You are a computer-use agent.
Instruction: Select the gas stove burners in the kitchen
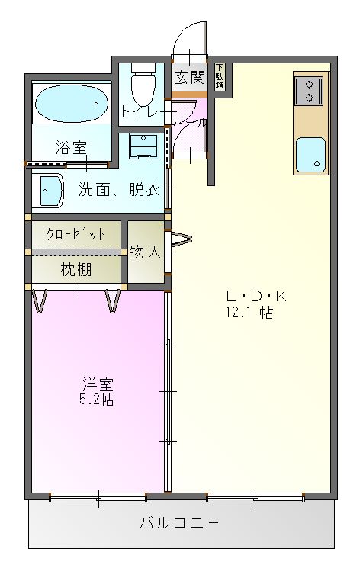pyautogui.click(x=308, y=91)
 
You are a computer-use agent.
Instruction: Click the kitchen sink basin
pyautogui.click(x=310, y=155)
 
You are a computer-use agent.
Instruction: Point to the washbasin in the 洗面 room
pyautogui.click(x=50, y=190)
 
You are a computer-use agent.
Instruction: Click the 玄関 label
pyautogui.click(x=189, y=76)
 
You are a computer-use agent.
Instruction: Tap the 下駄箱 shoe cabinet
pyautogui.click(x=220, y=77)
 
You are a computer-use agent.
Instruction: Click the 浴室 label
pyautogui.click(x=71, y=148)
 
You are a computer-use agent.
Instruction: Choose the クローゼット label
pyautogui.click(x=76, y=234)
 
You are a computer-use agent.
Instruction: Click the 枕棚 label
pyautogui.click(x=76, y=268)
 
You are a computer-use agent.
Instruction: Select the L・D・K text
pyautogui.click(x=249, y=296)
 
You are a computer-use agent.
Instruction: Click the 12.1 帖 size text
pyautogui.click(x=249, y=313)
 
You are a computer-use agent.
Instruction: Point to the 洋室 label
pyautogui.click(x=97, y=383)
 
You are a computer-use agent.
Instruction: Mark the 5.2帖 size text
pyautogui.click(x=97, y=399)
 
